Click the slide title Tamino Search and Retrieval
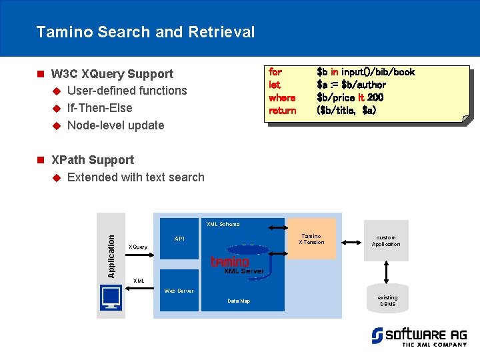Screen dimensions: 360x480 tap(145, 32)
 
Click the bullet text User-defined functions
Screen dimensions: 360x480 tap(127, 91)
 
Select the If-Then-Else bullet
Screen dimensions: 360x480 tap(99, 108)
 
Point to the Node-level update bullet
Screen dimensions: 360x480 tap(115, 125)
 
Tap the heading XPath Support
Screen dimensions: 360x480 tap(92, 160)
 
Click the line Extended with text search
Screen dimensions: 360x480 tap(135, 177)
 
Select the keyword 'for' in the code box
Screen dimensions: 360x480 tap(275, 72)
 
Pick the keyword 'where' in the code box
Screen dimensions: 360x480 tap(281, 97)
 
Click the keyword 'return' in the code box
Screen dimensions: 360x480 tap(282, 110)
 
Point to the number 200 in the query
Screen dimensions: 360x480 tap(375, 97)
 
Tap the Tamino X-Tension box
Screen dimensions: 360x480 tap(311, 239)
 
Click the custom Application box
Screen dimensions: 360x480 tap(386, 240)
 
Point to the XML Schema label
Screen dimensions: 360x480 tap(223, 224)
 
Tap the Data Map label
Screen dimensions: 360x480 tap(239, 301)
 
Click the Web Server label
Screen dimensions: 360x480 tap(179, 291)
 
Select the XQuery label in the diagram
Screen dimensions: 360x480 tap(137, 247)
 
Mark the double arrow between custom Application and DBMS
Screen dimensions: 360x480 tap(387, 271)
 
